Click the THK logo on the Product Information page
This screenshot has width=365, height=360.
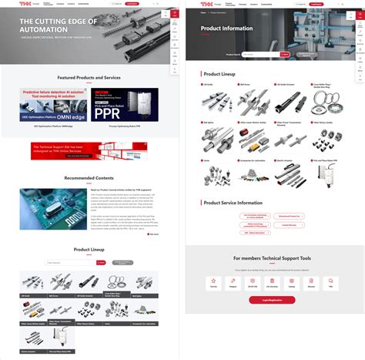click(193, 3)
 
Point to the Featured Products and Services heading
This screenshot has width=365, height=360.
click(89, 79)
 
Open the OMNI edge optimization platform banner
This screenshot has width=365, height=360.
click(53, 104)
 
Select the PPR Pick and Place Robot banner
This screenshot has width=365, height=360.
click(125, 104)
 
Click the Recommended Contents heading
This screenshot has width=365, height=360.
click(89, 178)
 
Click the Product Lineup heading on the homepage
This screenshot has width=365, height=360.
click(89, 250)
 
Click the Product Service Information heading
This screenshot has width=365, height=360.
click(233, 202)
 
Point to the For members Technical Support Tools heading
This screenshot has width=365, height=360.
click(272, 259)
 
